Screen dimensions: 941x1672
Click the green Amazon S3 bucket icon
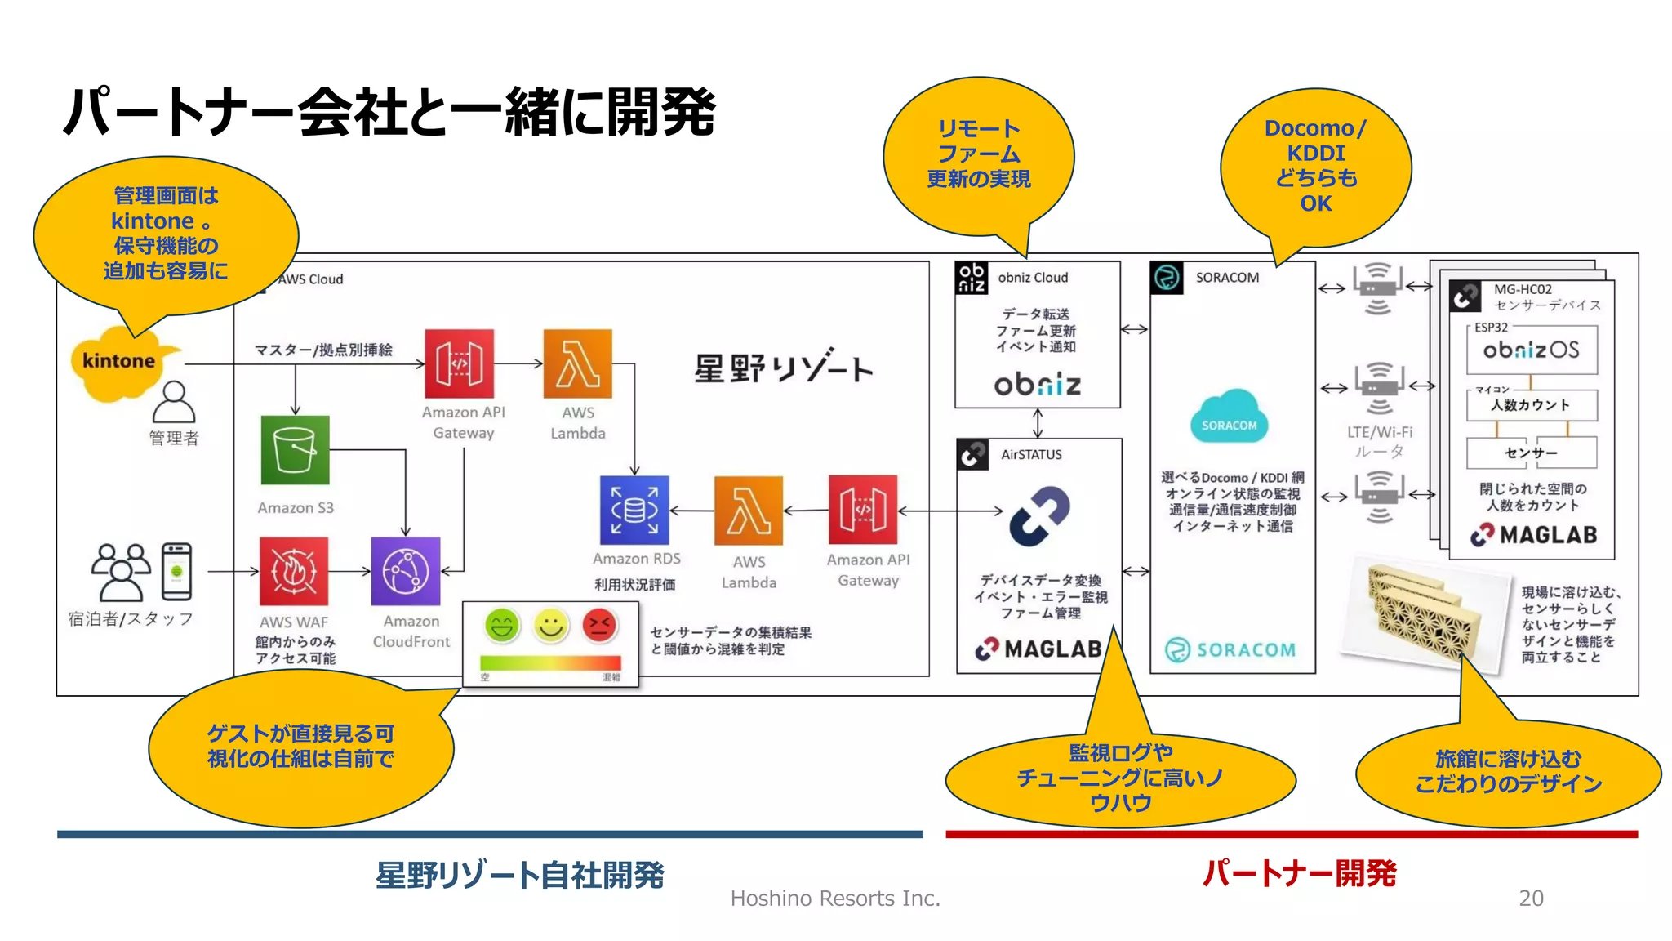click(295, 450)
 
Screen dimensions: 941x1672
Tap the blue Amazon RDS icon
click(634, 511)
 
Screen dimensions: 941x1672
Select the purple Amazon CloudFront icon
click(406, 571)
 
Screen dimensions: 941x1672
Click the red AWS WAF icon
click(294, 571)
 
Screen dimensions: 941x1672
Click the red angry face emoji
click(600, 626)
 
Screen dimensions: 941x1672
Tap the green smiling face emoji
click(502, 627)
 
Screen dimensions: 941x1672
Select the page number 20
click(1531, 898)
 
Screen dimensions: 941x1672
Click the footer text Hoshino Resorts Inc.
click(835, 899)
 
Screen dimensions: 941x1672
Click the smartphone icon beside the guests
click(176, 572)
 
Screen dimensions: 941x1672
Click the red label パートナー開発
click(1298, 873)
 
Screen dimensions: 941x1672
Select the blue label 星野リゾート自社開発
click(519, 875)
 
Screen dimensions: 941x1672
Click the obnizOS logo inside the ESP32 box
click(1531, 350)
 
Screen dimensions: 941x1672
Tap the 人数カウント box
click(1531, 405)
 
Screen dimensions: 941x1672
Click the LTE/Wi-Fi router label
click(1380, 441)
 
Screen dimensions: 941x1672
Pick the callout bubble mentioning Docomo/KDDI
click(1315, 166)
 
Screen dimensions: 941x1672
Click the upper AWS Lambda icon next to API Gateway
click(577, 363)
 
